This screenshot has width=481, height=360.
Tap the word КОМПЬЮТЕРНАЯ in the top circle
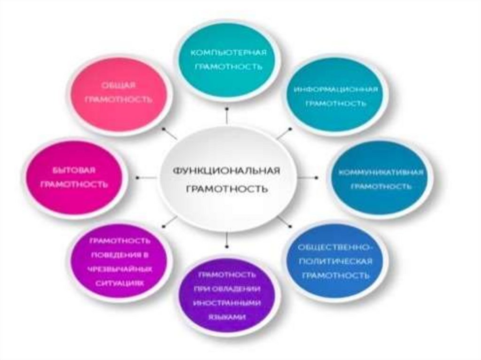(x=228, y=52)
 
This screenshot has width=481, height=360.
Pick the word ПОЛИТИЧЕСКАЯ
(x=335, y=261)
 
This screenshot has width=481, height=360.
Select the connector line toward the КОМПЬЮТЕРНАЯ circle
(x=227, y=116)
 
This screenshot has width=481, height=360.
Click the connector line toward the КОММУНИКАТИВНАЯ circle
(x=308, y=177)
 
